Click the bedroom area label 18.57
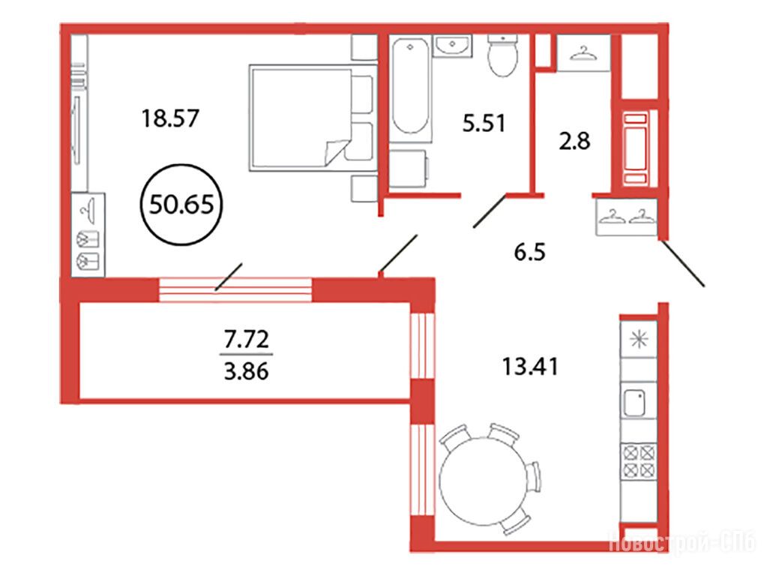coord(169,118)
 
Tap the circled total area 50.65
coord(181,204)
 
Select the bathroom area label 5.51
coord(484,123)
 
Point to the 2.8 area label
coord(574,141)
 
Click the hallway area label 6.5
coord(529,253)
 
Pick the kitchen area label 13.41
coord(530,367)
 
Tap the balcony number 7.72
coord(247,339)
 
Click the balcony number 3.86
coord(247,372)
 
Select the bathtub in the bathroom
coord(411,88)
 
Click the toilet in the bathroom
coord(503,55)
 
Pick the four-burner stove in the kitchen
coord(638,462)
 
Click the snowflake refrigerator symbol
coord(638,340)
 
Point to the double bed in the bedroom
coord(313,118)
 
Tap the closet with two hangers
coord(627,217)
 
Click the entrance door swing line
coord(683,262)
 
